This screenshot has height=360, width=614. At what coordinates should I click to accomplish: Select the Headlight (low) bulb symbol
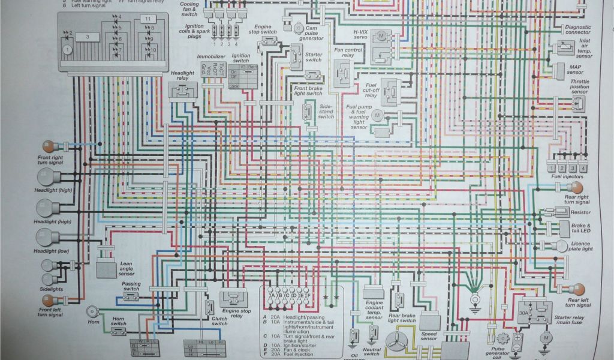(45, 238)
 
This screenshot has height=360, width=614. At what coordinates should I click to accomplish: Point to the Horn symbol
(92, 311)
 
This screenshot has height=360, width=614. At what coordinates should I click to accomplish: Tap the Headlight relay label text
(182, 76)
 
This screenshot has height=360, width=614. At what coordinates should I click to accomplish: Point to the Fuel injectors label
(565, 176)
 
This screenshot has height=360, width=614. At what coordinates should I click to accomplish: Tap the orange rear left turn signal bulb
(576, 289)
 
